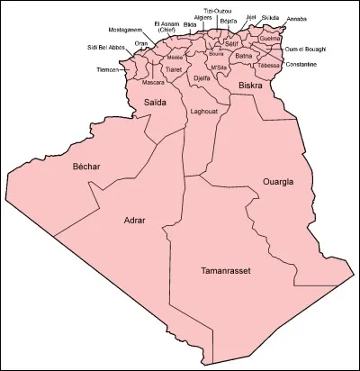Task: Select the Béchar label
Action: pos(86,167)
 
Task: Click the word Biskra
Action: pos(249,86)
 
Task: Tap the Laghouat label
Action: pos(204,112)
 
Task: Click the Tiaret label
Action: pos(174,69)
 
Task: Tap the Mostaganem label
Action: pos(126,29)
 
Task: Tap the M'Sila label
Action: pos(217,68)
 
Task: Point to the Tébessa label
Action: pos(270,65)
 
